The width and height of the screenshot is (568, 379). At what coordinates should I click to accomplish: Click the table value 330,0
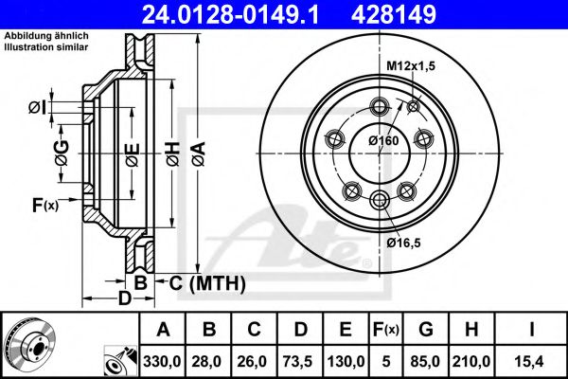(163, 359)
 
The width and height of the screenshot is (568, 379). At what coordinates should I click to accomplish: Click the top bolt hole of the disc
(382, 105)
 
